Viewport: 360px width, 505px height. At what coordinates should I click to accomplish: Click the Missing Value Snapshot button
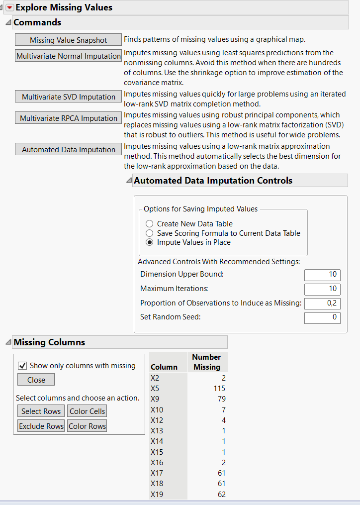68,40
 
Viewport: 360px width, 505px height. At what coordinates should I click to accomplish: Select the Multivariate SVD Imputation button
68,97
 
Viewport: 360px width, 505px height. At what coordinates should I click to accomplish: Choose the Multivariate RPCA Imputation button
68,118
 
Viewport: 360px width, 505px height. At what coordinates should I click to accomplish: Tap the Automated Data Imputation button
68,150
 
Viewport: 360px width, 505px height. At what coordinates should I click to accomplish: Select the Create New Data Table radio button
149,224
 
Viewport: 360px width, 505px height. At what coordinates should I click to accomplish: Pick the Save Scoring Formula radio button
149,233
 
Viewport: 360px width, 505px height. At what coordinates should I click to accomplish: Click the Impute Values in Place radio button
149,242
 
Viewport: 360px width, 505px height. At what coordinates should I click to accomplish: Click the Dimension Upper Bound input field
322,274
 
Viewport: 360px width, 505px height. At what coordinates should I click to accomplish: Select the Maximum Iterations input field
322,289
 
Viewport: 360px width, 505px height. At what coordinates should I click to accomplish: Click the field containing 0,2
322,303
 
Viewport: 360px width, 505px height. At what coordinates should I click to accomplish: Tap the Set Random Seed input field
322,317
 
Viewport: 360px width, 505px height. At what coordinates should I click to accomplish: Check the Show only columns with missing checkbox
22,366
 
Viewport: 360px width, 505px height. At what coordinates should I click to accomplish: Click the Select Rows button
41,411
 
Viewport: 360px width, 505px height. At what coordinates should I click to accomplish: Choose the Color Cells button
87,411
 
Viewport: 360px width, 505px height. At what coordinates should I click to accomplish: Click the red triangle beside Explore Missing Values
9,7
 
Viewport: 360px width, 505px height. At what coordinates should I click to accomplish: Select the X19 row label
156,494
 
